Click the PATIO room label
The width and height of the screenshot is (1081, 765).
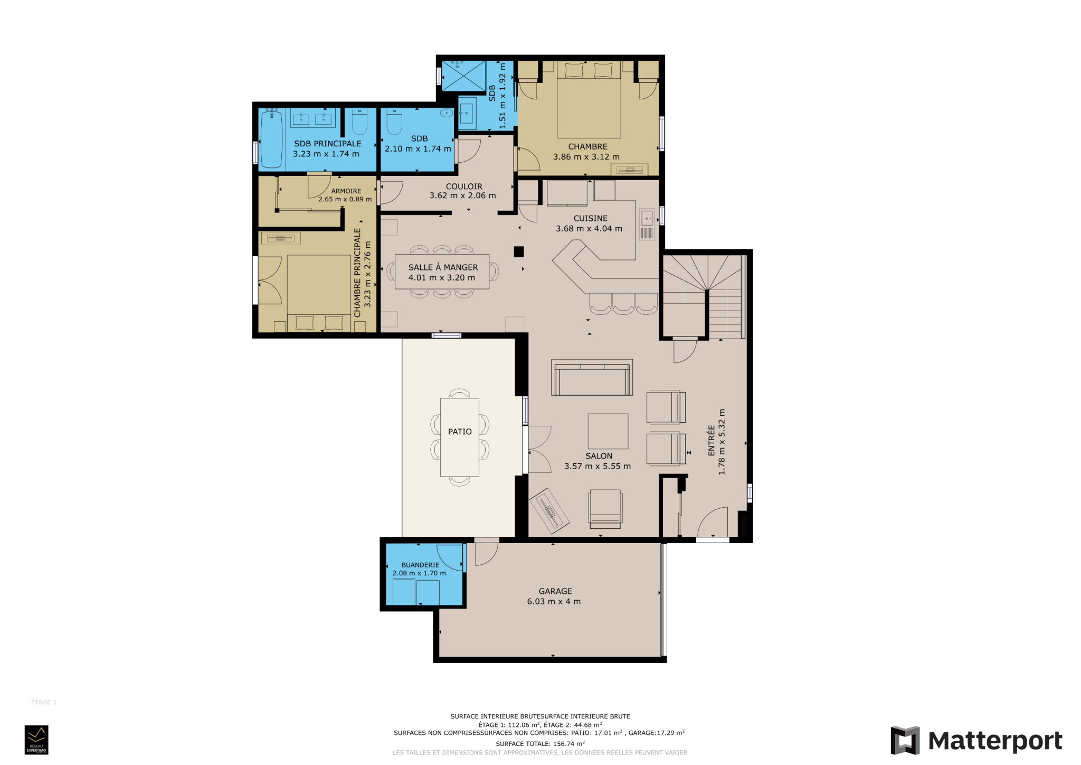460,432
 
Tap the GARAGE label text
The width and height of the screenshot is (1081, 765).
555,591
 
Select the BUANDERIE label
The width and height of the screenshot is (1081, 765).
420,565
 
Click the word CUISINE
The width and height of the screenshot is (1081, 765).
590,218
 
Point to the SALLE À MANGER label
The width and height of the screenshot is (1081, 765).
443,267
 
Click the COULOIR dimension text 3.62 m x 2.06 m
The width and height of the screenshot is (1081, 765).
462,195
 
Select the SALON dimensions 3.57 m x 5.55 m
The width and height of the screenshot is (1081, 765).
598,466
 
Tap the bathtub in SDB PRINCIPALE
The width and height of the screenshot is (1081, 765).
272,138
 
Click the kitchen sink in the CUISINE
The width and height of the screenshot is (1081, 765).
647,225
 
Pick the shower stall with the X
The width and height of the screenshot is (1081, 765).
463,76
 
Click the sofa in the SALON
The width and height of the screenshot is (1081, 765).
592,377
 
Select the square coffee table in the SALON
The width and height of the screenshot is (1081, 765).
608,431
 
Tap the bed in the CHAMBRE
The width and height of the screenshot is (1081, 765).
589,100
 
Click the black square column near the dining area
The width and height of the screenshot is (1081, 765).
519,252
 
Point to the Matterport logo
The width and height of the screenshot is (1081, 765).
976,741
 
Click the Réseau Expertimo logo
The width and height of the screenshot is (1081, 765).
36,740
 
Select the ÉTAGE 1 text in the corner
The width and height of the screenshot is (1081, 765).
44,702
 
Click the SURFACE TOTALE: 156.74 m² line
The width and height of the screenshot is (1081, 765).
540,743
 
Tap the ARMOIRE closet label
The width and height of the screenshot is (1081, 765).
346,191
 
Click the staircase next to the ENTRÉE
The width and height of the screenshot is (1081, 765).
704,296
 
